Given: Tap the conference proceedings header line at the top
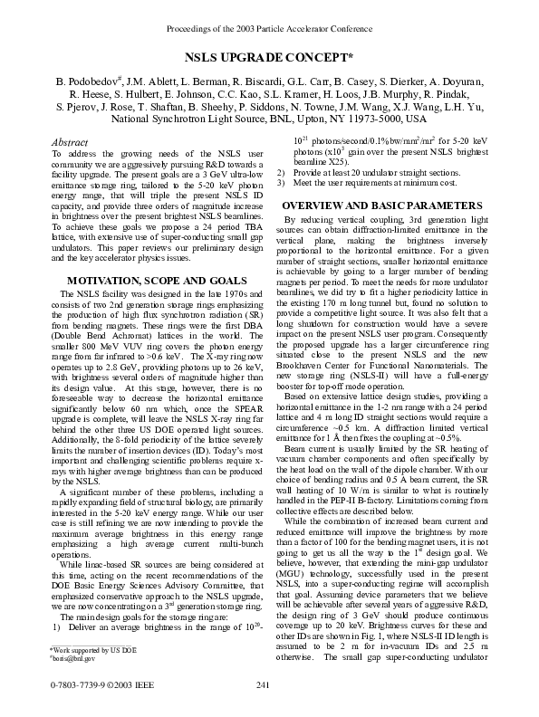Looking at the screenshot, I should pyautogui.click(x=269, y=29).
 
